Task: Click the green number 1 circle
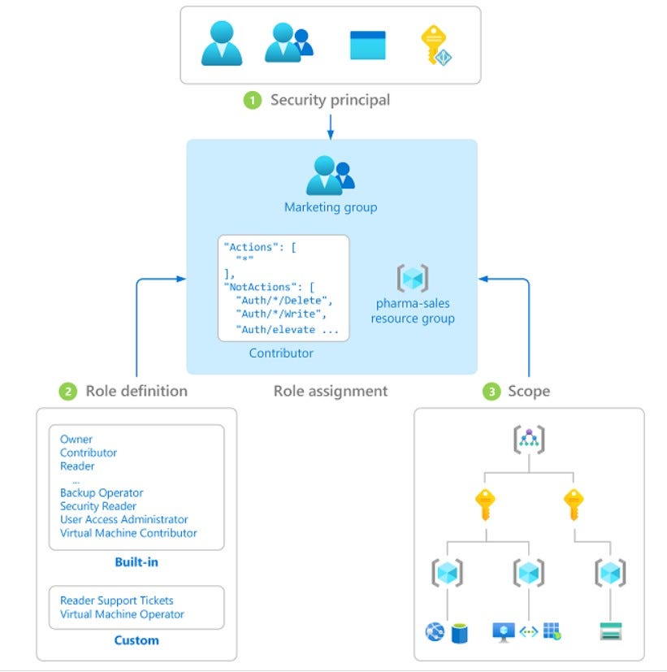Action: tap(253, 101)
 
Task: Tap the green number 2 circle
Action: tap(68, 391)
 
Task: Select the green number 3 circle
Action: tap(491, 392)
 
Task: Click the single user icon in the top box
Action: tap(222, 43)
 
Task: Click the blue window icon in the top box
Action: tap(367, 45)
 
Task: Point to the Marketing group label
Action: tap(330, 207)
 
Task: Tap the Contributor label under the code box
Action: tap(281, 353)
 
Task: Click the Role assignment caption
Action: tap(330, 391)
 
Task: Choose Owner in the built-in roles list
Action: tap(76, 440)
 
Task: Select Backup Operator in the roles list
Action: tap(102, 492)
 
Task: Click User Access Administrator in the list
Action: tap(123, 519)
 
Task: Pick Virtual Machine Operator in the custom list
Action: tap(122, 614)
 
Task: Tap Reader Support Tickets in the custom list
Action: tap(116, 600)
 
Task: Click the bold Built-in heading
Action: tap(136, 562)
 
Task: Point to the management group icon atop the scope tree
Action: tap(528, 440)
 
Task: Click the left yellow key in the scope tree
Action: tap(485, 504)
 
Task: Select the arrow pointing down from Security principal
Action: tap(330, 125)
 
